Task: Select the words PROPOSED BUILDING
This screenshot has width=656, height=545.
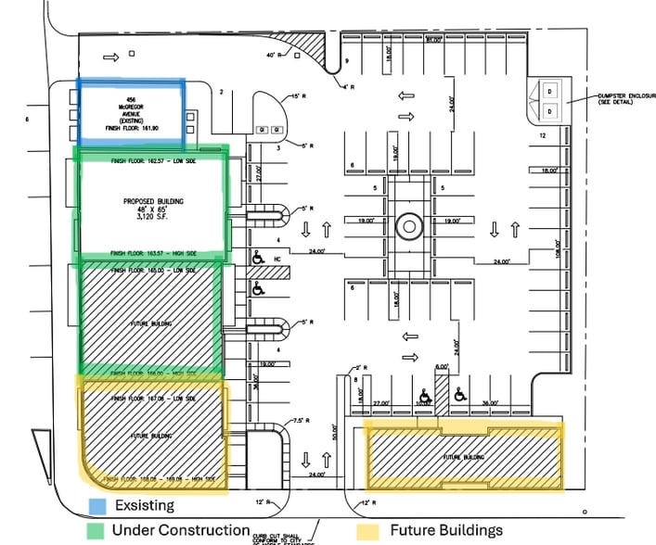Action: pos(153,201)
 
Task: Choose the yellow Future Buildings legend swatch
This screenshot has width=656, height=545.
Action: pos(367,530)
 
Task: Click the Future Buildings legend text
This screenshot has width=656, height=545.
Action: pos(444,530)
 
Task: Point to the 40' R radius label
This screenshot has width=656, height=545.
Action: pos(273,57)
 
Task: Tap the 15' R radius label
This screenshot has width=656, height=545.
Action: pos(298,96)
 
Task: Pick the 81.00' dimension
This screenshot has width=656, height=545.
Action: pos(432,40)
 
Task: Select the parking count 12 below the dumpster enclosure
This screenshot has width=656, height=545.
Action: pos(542,136)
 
